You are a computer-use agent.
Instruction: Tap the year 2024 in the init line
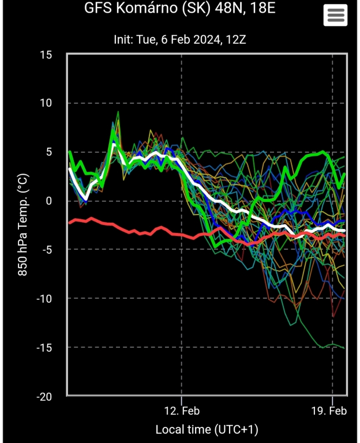pos(205,40)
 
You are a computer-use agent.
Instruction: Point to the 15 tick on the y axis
pos(46,55)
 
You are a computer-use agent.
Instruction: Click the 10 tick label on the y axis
pos(46,103)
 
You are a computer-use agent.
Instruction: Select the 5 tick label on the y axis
pos(48,152)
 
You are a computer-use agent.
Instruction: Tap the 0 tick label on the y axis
pos(48,201)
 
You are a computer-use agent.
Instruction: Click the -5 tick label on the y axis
pos(46,250)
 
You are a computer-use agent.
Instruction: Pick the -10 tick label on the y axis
pos(43,298)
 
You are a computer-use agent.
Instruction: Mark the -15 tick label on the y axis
pos(43,347)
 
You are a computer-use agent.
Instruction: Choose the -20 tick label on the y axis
pos(43,396)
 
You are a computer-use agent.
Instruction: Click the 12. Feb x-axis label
pos(182,411)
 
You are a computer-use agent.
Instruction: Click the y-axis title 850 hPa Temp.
pos(23,226)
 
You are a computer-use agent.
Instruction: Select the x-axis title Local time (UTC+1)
pos(207,430)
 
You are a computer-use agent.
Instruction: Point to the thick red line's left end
pos(69,222)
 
